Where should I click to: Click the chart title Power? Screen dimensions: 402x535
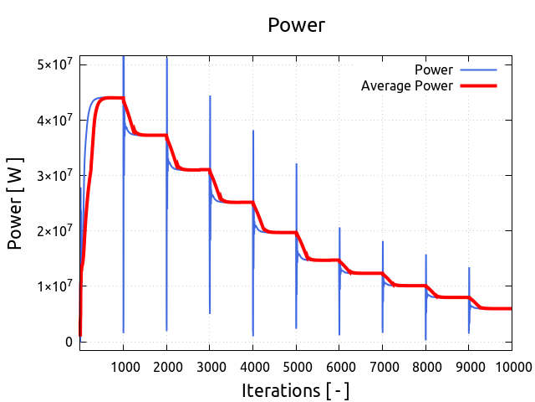[296, 25]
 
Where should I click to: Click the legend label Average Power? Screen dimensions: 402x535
[406, 85]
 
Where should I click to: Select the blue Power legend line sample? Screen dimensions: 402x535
[477, 70]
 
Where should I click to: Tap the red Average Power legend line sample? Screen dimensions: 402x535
[477, 85]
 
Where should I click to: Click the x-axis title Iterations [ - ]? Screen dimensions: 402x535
[295, 389]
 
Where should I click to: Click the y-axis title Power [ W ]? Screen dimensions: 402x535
[15, 203]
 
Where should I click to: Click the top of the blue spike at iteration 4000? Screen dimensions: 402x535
[253, 131]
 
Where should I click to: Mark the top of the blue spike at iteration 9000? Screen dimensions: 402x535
[469, 268]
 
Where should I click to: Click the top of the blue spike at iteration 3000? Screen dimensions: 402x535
[210, 96]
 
